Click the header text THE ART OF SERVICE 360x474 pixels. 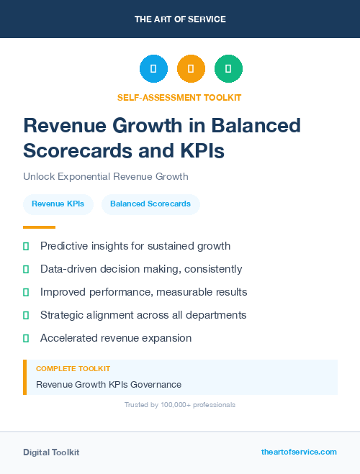coord(180,19)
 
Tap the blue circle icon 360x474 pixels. coord(153,69)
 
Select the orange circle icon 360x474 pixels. coord(191,69)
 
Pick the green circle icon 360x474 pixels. coord(228,69)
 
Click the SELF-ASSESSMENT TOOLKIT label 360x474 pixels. coord(180,97)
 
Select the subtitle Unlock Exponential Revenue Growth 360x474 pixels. coord(105,176)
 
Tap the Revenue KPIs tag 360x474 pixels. coord(58,204)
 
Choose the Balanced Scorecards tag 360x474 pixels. coord(150,204)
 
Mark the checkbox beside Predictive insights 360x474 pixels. coord(26,246)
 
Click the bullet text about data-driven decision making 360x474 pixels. coord(141,269)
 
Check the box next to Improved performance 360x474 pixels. coord(26,292)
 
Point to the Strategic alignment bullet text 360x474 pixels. coord(143,315)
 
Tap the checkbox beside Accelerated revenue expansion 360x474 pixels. coord(26,338)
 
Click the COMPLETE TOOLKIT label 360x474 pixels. coord(73,368)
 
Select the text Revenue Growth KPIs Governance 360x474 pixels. coord(109,384)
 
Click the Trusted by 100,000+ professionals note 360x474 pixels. coord(180,405)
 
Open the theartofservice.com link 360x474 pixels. coord(299,452)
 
